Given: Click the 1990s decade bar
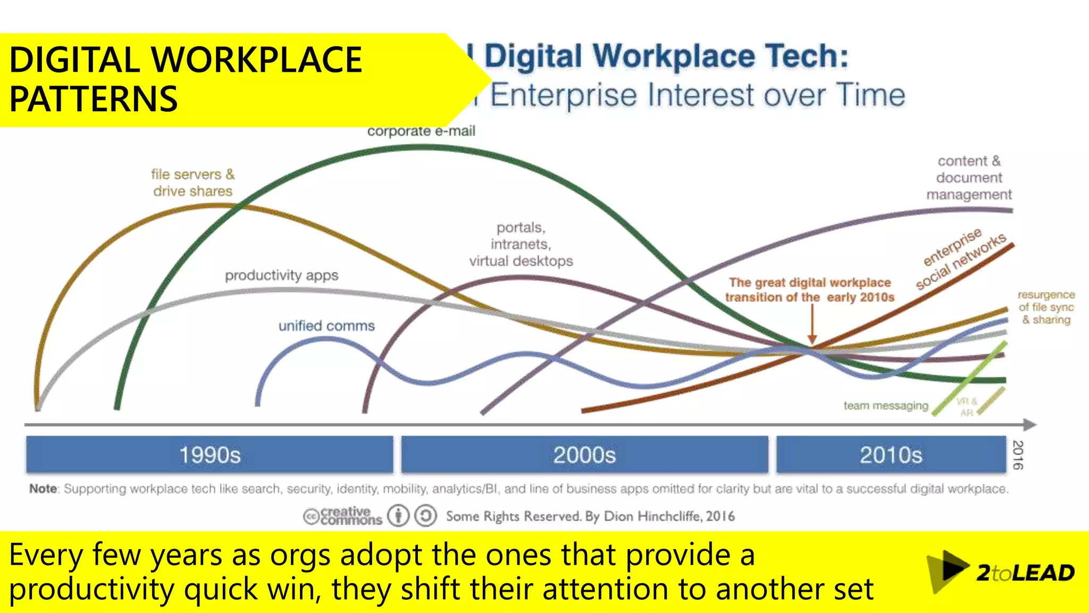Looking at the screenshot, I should coord(210,455).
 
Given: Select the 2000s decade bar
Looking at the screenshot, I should coord(584,455).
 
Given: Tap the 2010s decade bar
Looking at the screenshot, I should coord(891,455).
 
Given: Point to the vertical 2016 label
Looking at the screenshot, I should coord(1017,455).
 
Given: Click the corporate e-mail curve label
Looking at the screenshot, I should coord(421,131).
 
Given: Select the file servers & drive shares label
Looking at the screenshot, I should coord(192,183).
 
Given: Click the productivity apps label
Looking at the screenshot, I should coord(281,276).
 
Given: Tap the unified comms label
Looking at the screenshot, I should coord(326,326).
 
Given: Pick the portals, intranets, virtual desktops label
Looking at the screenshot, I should coord(521,244).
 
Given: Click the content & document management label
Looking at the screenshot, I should coord(969,178).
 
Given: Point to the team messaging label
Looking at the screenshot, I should coord(885,406).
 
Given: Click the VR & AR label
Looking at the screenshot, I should coord(967,407).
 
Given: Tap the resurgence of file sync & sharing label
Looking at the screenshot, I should coord(1046,307).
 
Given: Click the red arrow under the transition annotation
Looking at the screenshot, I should coord(812,325).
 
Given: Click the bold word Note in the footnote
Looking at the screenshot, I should coord(43,488).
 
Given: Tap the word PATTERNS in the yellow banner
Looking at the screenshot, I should coord(94,100).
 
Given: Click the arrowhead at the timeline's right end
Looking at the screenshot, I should coord(1030,425).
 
